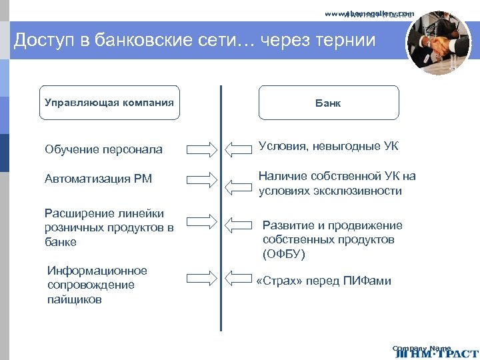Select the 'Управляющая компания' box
109,103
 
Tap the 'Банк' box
328,103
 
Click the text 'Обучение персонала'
103,149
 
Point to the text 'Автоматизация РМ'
98,179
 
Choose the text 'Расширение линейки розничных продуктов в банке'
109,227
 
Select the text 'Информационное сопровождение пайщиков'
97,285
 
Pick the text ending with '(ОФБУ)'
332,239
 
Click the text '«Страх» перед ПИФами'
324,281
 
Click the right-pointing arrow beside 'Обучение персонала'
201,149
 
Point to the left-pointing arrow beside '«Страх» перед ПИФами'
240,276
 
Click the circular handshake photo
438,43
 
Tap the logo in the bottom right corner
435,352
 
